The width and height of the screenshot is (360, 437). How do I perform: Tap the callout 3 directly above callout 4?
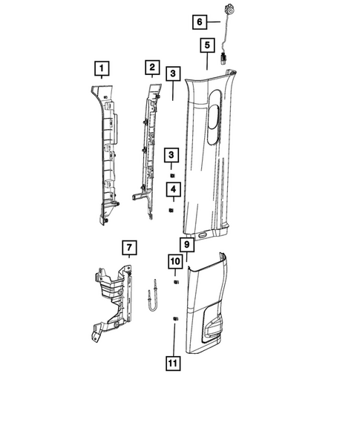coord(171,154)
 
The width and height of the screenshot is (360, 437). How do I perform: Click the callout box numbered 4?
coord(171,190)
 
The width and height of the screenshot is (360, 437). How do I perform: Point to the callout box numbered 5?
coord(206,46)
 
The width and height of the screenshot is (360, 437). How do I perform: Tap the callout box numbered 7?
coord(128,246)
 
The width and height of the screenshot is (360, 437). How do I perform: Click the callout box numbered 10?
coord(175,261)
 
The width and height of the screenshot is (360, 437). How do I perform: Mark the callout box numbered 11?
coord(174,363)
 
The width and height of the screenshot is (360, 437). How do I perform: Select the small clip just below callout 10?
coord(175,283)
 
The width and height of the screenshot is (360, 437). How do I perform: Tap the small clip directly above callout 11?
coord(174,319)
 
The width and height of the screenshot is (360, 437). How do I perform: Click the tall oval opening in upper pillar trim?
coord(214,115)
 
